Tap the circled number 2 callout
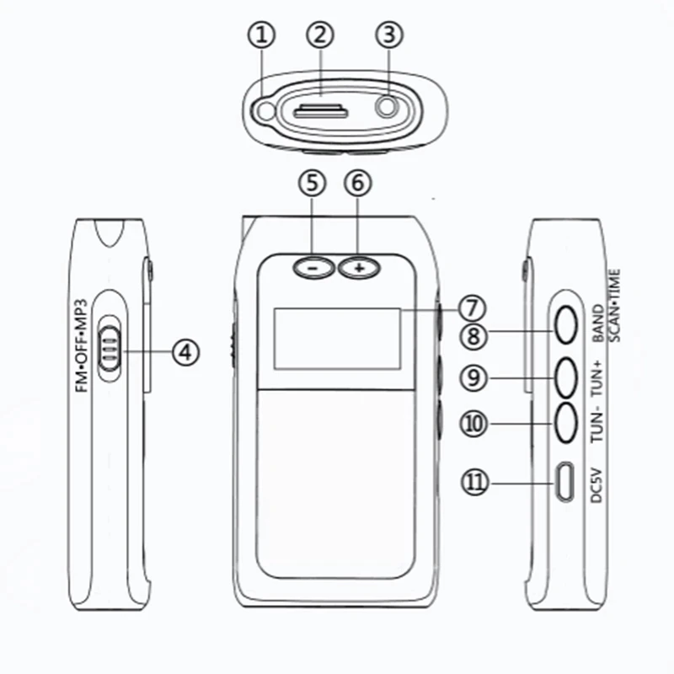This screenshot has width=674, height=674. click(x=321, y=35)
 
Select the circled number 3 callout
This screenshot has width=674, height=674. click(x=388, y=35)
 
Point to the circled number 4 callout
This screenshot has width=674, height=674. click(x=185, y=351)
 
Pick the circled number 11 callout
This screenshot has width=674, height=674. click(x=474, y=482)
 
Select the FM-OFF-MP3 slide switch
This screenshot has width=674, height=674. click(x=110, y=346)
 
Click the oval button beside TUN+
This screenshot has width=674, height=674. click(x=566, y=376)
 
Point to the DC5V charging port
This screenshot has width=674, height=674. click(x=564, y=482)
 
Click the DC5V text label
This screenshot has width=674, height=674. click(x=596, y=484)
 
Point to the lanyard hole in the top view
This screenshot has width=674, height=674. click(x=267, y=110)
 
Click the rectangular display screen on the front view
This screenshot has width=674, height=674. click(x=336, y=339)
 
